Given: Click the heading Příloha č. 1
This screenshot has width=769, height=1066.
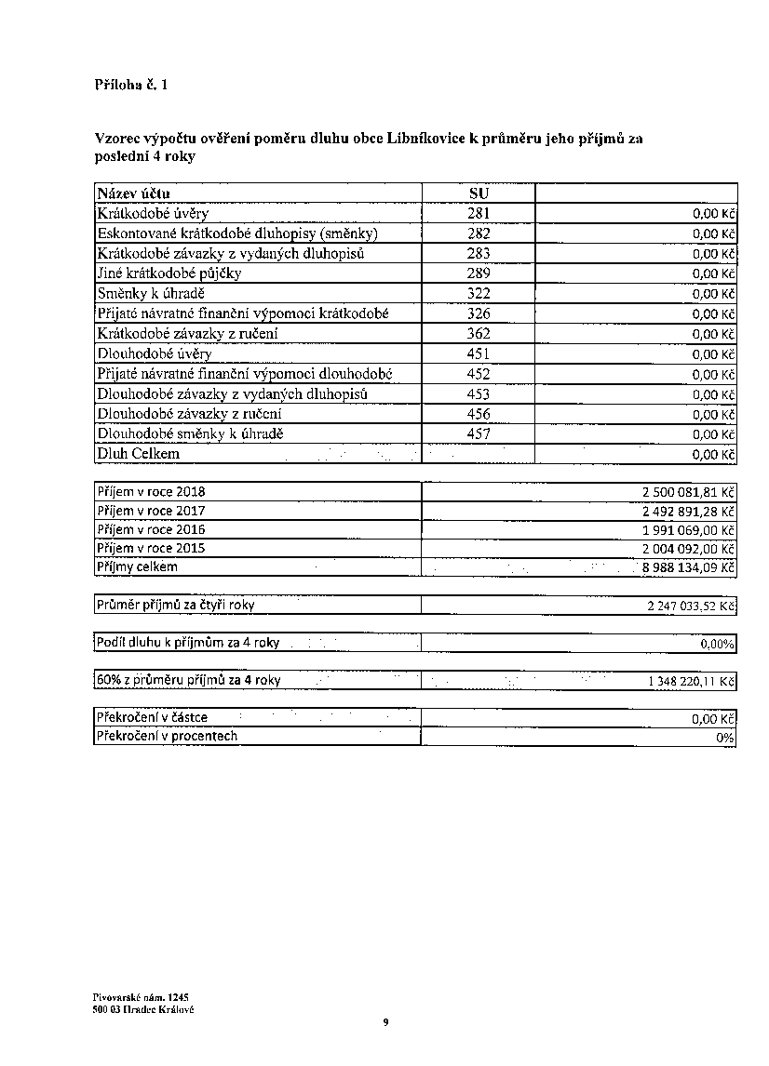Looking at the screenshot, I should coord(131,86).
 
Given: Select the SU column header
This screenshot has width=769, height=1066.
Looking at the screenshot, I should coord(479,193).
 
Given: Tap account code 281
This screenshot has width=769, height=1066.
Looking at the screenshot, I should coord(479,213).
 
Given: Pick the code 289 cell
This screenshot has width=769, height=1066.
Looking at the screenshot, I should coord(479,273).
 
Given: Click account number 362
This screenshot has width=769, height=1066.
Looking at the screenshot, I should coord(479,334).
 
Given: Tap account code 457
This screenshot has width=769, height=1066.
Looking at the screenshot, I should coord(479,434).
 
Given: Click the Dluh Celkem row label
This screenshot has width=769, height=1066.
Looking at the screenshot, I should coord(139,454).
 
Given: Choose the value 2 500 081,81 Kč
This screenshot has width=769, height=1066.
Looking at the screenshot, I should coord(681,492).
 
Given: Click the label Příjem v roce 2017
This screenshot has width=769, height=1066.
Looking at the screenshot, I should coord(152,511).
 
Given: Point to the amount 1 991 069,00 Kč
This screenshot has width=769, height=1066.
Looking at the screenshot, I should coord(682,529).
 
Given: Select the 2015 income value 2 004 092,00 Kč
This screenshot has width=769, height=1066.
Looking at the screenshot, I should coord(682,549).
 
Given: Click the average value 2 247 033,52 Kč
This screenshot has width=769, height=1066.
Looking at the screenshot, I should coord(687,606).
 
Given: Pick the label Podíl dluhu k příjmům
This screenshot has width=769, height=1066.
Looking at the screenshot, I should coord(188,643).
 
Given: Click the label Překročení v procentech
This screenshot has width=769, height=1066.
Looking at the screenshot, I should coord(168,736).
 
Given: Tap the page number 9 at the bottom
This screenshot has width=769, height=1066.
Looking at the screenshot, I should coord(385,1023).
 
